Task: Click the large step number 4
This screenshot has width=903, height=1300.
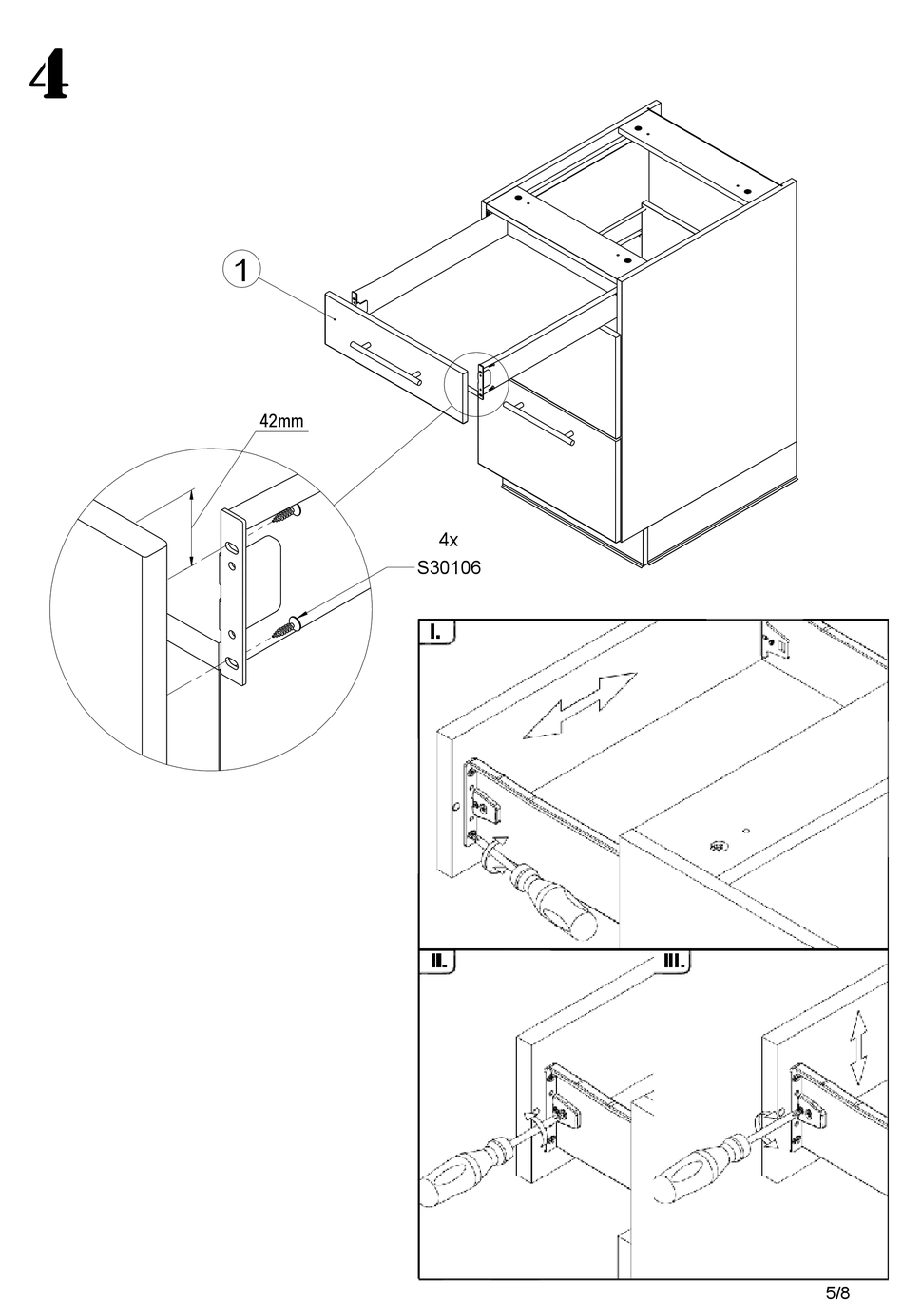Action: coord(48,74)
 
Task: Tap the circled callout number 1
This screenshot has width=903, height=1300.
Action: coord(241,270)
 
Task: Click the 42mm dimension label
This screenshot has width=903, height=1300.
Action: coord(281,421)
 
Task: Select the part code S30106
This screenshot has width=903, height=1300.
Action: coord(449,567)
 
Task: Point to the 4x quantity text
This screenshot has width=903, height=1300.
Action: coord(448,540)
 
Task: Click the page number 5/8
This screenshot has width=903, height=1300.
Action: coord(838,1291)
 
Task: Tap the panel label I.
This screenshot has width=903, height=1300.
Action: coord(434,632)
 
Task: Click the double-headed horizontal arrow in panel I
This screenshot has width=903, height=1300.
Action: coord(580,705)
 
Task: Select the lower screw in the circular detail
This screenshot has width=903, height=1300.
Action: coord(285,628)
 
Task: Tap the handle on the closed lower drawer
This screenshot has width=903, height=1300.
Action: coord(540,423)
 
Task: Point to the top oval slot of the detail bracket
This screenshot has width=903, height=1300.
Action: coord(232,546)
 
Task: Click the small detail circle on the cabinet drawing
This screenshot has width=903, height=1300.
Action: coord(476,384)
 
